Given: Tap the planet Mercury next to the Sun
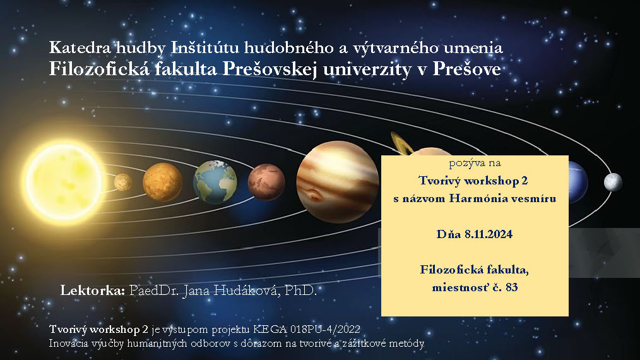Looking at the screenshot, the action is [x=123, y=183].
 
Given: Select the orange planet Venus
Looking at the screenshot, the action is [x=162, y=183].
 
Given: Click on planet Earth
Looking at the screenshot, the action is [x=215, y=183].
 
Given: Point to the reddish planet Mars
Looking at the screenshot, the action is [x=266, y=182].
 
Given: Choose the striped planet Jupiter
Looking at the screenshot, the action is [x=338, y=182].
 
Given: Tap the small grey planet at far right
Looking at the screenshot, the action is [x=613, y=182].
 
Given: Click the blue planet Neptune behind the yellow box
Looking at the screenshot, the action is [x=578, y=182].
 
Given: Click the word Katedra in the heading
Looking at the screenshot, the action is [x=80, y=48].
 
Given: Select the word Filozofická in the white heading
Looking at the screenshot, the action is [x=98, y=69].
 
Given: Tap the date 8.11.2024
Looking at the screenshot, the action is [x=488, y=234].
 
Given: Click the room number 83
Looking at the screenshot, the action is [x=511, y=287].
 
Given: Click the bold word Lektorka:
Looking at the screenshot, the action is [x=93, y=291].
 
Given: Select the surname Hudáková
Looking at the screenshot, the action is [x=247, y=291].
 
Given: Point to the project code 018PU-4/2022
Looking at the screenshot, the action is [x=325, y=329].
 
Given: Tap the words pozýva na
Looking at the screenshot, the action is [x=475, y=164].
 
